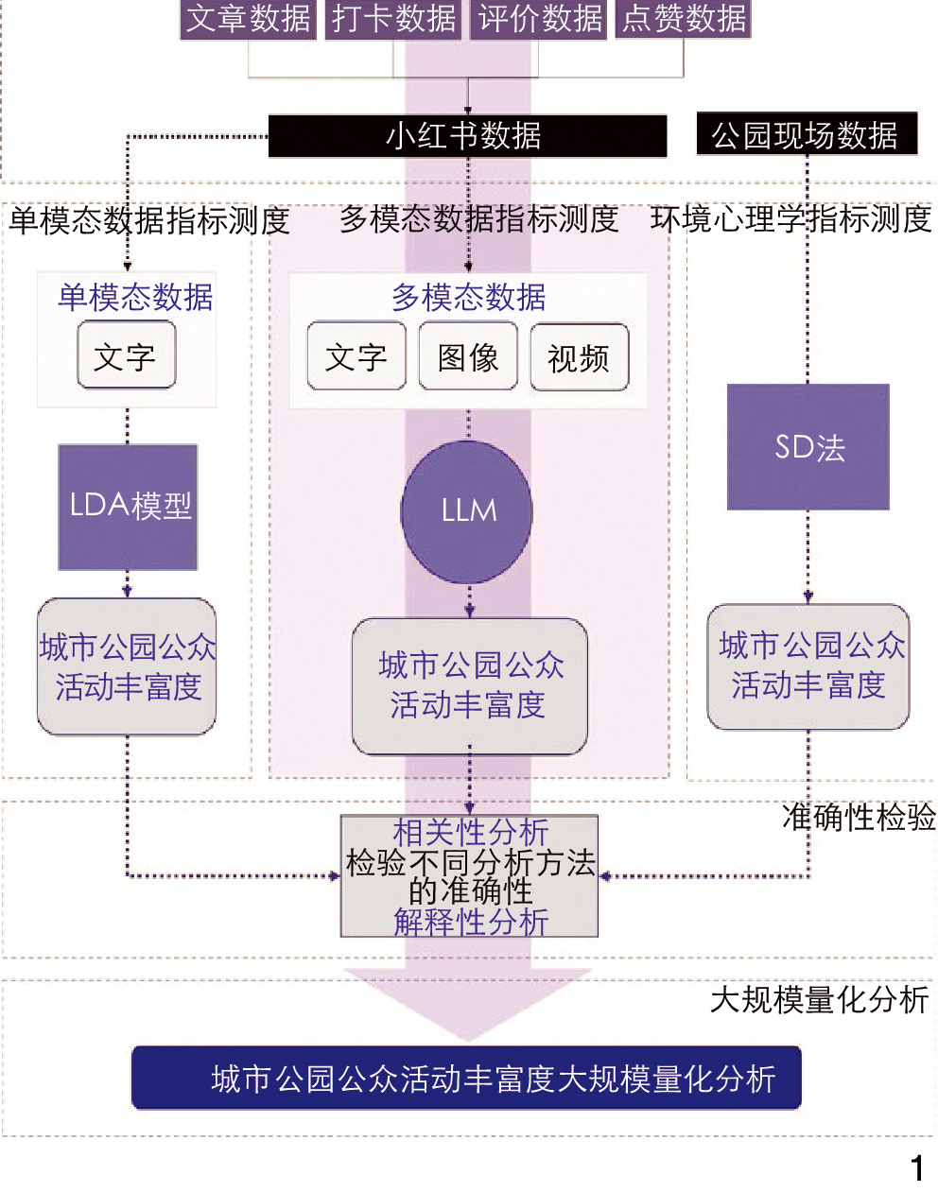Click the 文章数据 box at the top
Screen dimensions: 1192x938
coord(248,19)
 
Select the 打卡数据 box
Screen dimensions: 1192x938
coord(394,19)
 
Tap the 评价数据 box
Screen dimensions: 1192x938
coord(540,19)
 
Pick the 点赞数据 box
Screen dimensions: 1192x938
coord(684,19)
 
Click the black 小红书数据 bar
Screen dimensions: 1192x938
coord(467,136)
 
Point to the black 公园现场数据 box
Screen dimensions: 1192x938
coord(806,135)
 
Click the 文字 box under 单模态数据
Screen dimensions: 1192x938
coord(126,355)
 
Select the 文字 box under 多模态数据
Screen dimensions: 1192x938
coord(356,356)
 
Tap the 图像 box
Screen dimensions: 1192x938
coord(468,356)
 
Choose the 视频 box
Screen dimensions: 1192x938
coord(579,357)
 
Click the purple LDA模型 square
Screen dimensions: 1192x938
coord(129,507)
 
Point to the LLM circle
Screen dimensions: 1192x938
coord(467,511)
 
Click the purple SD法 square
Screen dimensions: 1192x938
coord(808,447)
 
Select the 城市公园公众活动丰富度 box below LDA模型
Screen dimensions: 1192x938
coord(127,666)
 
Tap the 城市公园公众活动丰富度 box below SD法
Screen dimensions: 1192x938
coord(808,666)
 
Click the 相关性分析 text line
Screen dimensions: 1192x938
coord(470,833)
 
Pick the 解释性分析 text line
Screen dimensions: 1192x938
coord(470,922)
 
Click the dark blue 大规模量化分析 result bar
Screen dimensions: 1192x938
coord(466,1078)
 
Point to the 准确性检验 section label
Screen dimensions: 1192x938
coord(859,818)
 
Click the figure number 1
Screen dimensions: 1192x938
coord(916,1168)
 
